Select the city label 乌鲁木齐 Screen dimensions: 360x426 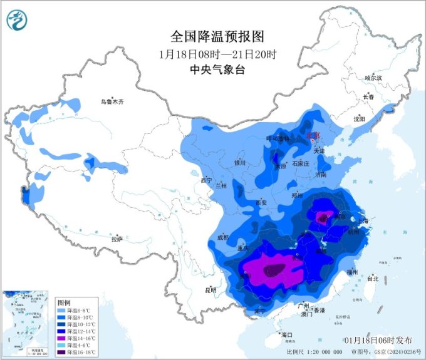click(113, 101)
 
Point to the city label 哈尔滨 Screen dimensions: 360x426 click(373, 78)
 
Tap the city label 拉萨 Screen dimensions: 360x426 click(117, 239)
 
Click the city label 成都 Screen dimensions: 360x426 click(222, 238)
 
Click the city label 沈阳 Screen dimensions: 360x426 click(358, 118)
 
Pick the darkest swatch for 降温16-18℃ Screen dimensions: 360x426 click(61, 352)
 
